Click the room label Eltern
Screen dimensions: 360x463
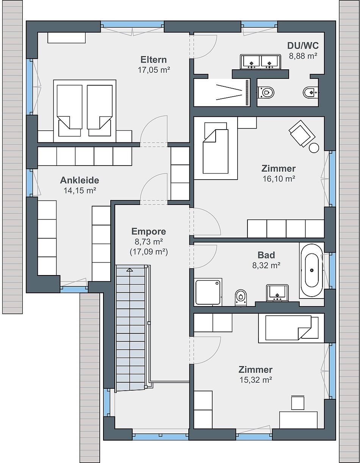[x=153, y=59]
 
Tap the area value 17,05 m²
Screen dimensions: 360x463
[x=153, y=70]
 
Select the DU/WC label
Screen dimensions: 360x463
[x=303, y=45]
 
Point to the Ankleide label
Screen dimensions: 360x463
[x=80, y=180]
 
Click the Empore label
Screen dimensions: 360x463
[x=149, y=231]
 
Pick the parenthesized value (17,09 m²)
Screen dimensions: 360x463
[x=149, y=252]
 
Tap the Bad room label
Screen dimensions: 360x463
[x=266, y=255]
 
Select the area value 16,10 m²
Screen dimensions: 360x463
[x=279, y=179]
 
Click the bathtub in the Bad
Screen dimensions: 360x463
[x=312, y=271]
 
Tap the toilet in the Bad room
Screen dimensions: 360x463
[x=241, y=298]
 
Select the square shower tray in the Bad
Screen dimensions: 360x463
[x=208, y=292]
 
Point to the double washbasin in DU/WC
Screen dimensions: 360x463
[x=260, y=62]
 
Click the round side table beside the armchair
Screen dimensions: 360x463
[x=314, y=148]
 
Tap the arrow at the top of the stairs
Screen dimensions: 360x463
[x=129, y=270]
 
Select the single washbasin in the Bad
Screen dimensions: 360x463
[x=277, y=293]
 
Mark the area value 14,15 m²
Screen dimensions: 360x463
[x=80, y=191]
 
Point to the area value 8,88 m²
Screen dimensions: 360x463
[x=303, y=56]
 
